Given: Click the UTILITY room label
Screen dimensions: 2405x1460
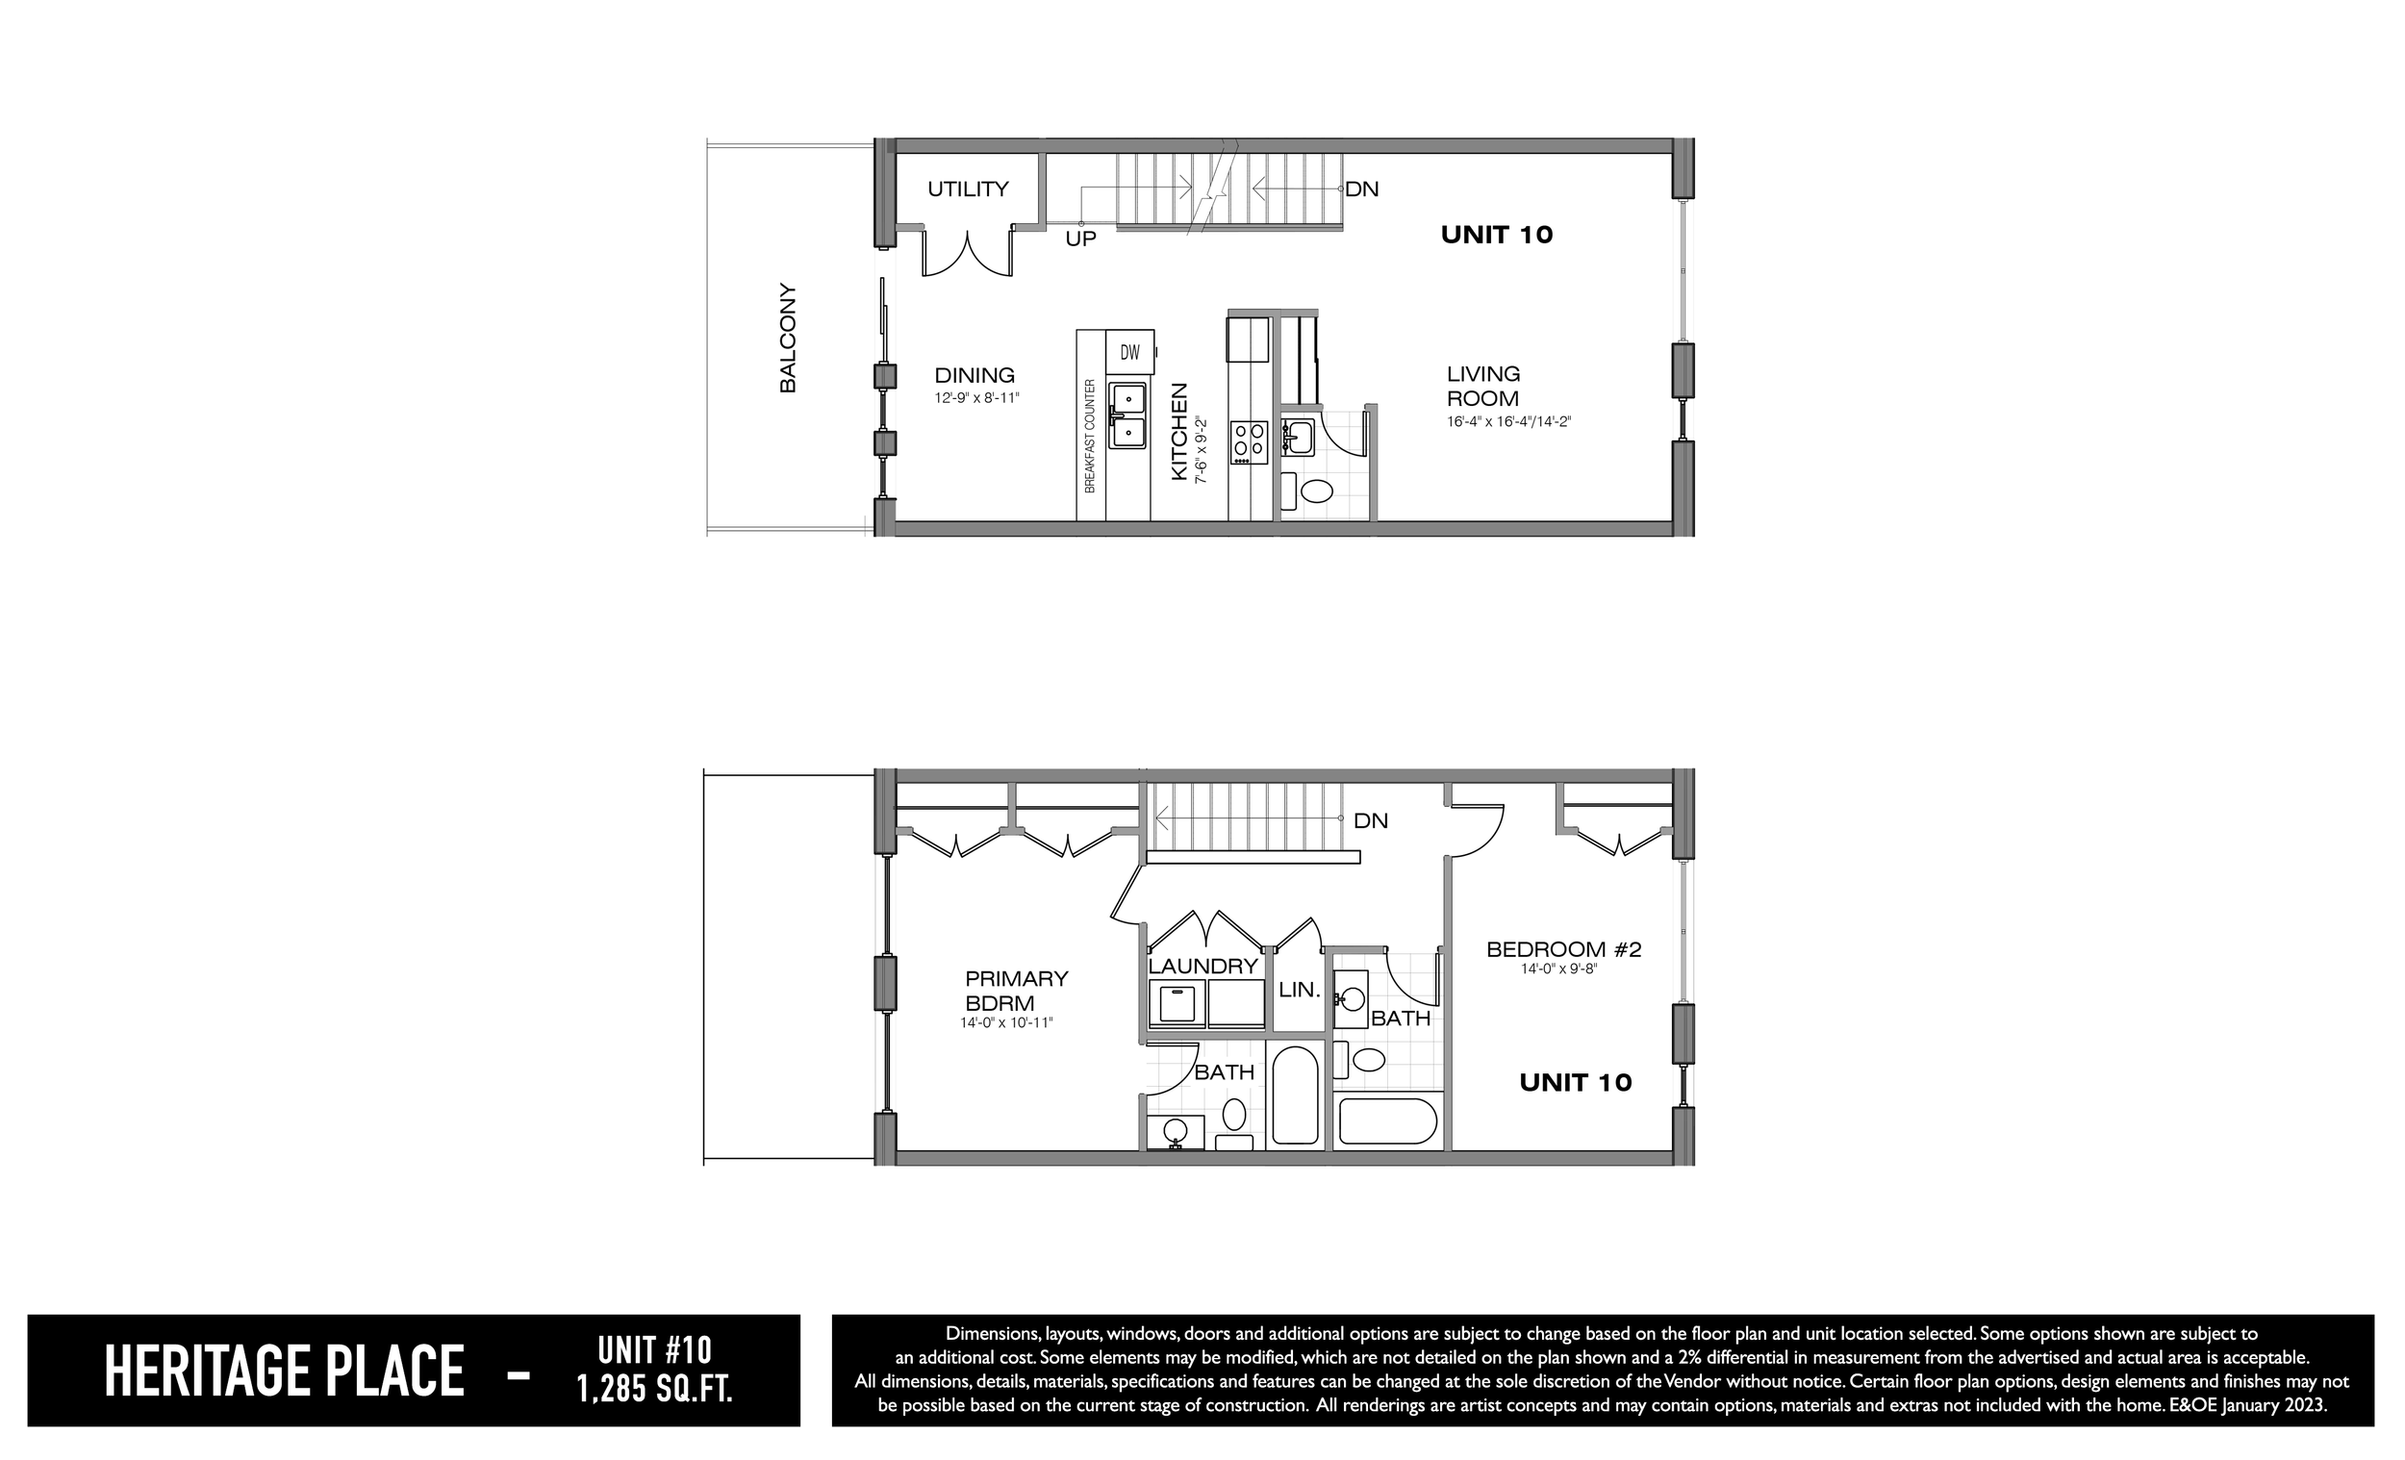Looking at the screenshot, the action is tap(967, 189).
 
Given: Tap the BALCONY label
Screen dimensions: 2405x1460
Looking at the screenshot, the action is tap(788, 339).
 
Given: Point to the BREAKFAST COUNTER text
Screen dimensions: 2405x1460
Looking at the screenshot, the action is tap(1090, 436).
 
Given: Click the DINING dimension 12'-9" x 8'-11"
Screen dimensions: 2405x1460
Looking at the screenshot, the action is tap(977, 398).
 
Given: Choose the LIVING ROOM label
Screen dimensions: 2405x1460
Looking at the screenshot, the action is tap(1482, 387).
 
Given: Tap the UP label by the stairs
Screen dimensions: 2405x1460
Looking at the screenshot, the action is tap(1080, 239).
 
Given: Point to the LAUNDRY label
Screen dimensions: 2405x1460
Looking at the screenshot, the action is tap(1202, 967).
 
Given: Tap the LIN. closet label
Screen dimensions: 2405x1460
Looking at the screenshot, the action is tap(1299, 990).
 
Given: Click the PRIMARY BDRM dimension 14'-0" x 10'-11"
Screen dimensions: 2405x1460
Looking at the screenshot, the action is tap(1006, 1022).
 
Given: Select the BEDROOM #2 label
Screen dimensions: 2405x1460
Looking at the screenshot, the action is tap(1563, 948).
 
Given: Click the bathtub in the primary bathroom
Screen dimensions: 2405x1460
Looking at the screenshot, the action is tap(1295, 1095).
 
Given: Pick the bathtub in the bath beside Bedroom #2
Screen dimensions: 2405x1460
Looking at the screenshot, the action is tap(1388, 1121).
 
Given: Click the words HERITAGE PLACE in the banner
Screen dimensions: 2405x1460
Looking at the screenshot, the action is tap(284, 1372).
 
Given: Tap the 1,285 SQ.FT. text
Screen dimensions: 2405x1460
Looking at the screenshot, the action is tap(655, 1388).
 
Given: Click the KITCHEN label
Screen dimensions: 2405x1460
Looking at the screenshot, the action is tap(1179, 431).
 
